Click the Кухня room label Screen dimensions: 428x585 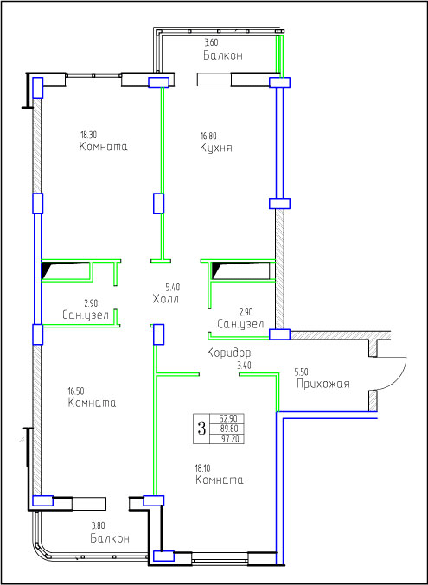pos(216,148)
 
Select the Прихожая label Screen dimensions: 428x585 pos(323,384)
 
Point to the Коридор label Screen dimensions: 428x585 pos(228,353)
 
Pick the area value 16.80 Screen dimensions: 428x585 pos(208,136)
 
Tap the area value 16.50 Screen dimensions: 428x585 pos(76,391)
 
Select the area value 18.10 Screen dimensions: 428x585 pos(204,467)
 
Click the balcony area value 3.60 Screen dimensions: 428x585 pos(211,42)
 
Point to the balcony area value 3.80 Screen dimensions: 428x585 pos(99,526)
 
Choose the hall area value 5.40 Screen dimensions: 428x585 pos(173,287)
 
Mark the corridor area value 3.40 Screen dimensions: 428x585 pos(244,366)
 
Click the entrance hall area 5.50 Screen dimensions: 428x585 pos(302,372)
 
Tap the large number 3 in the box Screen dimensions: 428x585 pos(201,429)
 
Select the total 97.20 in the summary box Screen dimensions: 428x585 pos(227,439)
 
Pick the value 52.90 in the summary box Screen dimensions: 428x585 pos(227,417)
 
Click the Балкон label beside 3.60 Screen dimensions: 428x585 pos(223,55)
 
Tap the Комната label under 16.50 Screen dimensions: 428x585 pos(92,403)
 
